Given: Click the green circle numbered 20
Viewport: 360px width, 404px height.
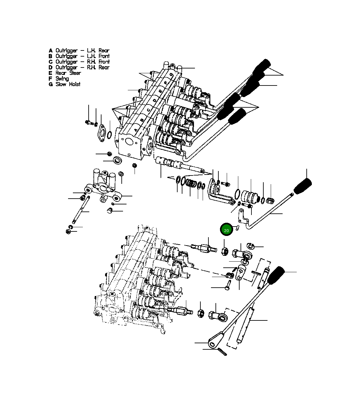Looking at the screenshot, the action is pos(226,229).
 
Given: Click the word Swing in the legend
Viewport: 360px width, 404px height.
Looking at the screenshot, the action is pos(62,79).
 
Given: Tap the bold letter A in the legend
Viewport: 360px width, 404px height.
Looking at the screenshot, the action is pos(51,50).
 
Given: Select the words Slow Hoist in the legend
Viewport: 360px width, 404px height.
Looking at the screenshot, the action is pos(68,84).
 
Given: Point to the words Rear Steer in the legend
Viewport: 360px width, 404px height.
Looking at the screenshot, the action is pos(68,73).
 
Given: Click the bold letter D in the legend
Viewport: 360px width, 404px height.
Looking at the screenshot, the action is pos(51,67).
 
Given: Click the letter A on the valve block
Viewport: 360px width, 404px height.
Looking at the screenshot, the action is pos(136,130).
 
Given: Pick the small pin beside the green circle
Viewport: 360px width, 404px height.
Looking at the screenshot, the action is pos(237,228).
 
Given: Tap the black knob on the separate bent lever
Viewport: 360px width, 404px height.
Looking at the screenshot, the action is pos(303,186).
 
